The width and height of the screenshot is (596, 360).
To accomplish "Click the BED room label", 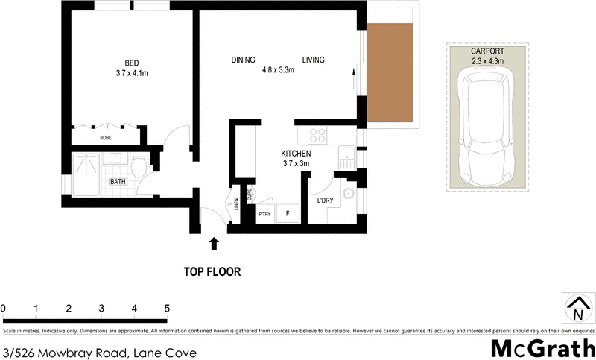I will [131, 63].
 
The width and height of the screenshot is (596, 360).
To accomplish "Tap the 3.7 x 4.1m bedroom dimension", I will [131, 73].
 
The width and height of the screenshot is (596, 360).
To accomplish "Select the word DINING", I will [243, 60].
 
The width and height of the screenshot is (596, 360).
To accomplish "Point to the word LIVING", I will [314, 60].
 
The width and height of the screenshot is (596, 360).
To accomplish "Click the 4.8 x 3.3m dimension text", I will [278, 70].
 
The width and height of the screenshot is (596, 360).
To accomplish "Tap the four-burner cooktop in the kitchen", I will [317, 136].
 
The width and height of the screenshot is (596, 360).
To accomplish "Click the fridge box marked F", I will [287, 214].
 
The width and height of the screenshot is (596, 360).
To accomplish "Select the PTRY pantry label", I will [264, 215].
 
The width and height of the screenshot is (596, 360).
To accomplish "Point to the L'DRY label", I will [325, 201].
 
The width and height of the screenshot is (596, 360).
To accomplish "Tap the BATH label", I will [118, 181].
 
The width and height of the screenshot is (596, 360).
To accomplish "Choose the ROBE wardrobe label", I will [106, 138].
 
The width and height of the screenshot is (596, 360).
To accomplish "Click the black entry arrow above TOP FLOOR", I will [215, 242].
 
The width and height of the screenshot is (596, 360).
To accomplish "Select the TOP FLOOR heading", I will [212, 272].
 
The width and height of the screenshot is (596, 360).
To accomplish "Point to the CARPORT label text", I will [488, 51].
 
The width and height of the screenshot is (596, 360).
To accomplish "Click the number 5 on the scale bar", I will [167, 308].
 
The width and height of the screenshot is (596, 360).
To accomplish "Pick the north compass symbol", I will [577, 307].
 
